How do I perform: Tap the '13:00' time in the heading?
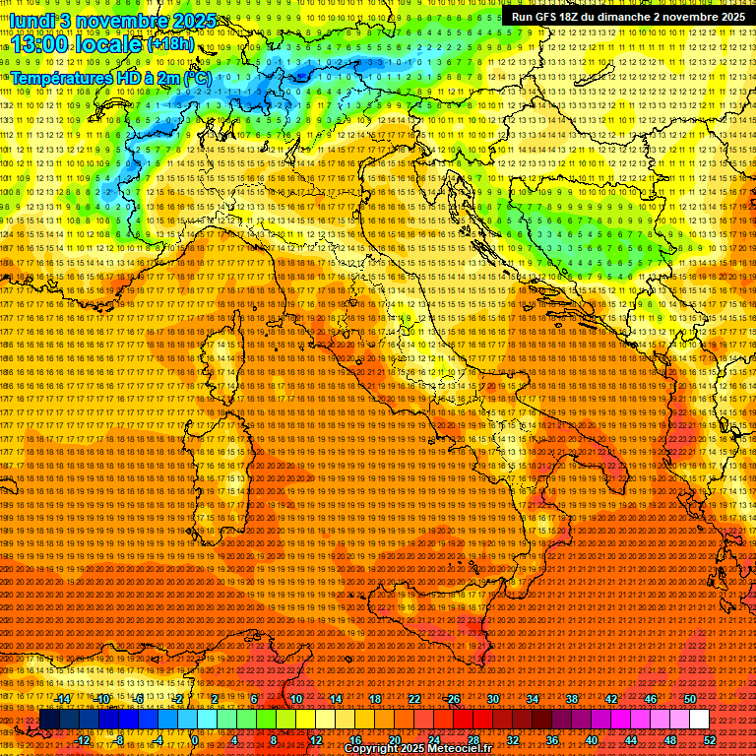point(40,44)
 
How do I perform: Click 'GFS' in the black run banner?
point(553,17)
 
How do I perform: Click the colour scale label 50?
point(690,699)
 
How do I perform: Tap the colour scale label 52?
point(709,740)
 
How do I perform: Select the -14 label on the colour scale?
point(64,699)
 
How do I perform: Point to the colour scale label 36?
point(551,740)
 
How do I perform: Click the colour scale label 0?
point(195,740)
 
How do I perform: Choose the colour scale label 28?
point(472,740)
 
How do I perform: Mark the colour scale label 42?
point(611,699)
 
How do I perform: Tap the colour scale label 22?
point(413,699)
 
